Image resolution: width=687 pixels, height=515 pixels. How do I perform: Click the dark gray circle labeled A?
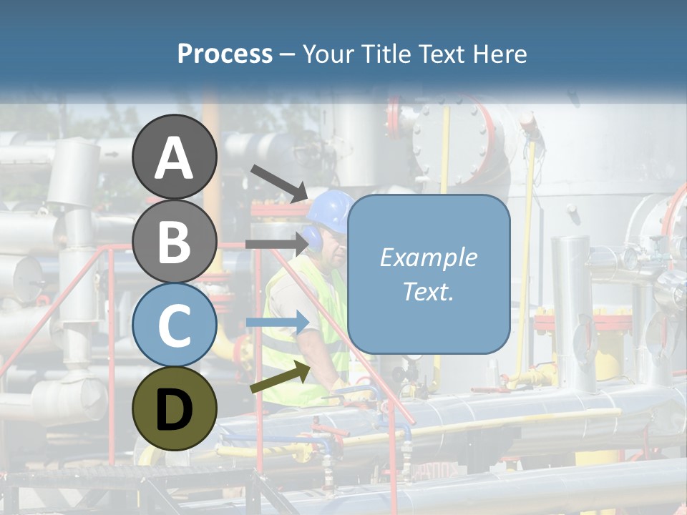tap(174, 157)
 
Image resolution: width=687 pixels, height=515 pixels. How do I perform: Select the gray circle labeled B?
tap(174, 241)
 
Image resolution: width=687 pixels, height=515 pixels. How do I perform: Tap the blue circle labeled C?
tap(174, 325)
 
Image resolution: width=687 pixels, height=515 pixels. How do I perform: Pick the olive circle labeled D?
tap(174, 408)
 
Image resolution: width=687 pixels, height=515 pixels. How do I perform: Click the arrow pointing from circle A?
tap(279, 182)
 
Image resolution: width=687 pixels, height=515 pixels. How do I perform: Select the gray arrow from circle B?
tap(276, 244)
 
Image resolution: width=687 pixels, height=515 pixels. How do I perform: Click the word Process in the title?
tap(225, 54)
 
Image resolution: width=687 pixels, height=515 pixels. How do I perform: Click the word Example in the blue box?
tap(428, 257)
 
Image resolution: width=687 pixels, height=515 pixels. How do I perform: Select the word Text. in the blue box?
tap(428, 291)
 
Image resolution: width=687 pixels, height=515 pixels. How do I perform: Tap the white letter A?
tap(174, 158)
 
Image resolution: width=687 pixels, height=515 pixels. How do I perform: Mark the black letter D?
tap(174, 410)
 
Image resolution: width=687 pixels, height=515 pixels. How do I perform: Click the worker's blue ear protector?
tap(313, 237)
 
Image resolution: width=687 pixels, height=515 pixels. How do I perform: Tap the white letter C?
tap(174, 325)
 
